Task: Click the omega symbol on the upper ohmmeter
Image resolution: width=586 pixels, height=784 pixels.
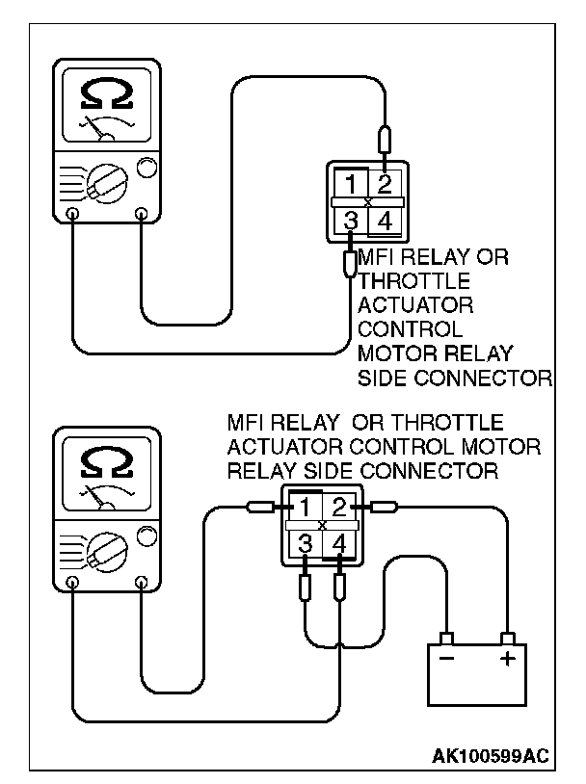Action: [107, 93]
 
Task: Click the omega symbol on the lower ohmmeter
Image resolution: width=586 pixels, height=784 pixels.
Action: [107, 461]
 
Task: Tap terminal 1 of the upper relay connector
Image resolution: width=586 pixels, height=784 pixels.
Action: [351, 184]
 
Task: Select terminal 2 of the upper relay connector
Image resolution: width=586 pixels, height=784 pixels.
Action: [385, 184]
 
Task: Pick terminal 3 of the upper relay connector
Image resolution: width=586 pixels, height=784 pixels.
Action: [351, 220]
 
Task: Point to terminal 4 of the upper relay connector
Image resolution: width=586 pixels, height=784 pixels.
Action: [385, 221]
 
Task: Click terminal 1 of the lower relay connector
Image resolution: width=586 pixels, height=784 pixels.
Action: [305, 508]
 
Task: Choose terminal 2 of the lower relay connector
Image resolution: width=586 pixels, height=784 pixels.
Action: [339, 508]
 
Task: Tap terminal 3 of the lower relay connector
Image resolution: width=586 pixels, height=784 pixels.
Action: [305, 543]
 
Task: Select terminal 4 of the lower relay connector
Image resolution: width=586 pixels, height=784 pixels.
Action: [339, 543]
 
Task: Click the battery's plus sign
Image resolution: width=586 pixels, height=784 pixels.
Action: [507, 659]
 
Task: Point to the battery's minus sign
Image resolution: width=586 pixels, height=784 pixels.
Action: [446, 658]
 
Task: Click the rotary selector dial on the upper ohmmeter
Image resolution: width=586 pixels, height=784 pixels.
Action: [107, 184]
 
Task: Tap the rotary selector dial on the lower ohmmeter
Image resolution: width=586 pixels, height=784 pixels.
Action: [107, 552]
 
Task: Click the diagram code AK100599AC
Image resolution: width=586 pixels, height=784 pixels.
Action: [490, 756]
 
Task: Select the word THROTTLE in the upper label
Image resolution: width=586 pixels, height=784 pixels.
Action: [413, 281]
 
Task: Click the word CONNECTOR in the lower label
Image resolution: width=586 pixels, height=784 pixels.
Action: [429, 471]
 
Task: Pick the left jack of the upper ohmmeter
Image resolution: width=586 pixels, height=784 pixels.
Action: [73, 214]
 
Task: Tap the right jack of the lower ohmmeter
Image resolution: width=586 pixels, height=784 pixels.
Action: [142, 583]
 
